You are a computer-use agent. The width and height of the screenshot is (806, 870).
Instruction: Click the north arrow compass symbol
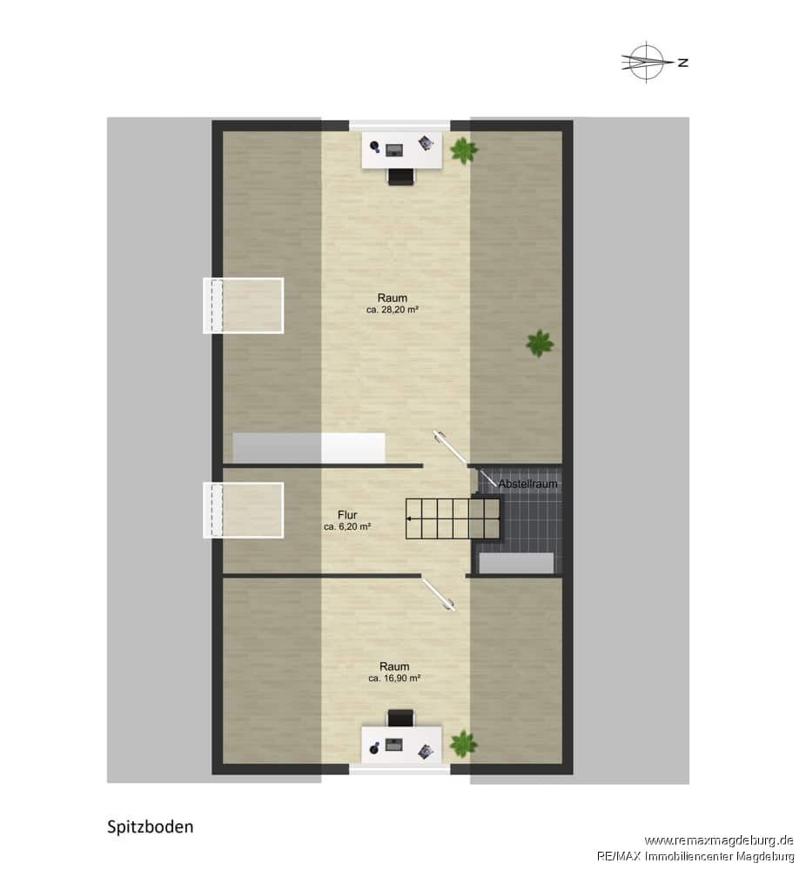pos(646,62)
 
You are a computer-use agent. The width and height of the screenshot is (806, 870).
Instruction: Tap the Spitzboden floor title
pos(151,827)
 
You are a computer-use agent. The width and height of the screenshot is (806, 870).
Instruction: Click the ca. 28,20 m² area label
pos(393,311)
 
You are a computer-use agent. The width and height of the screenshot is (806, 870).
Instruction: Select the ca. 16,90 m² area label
pos(394,678)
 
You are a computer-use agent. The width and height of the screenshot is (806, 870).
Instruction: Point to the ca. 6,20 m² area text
pos(347,526)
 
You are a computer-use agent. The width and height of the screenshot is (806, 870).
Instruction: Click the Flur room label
pos(347,515)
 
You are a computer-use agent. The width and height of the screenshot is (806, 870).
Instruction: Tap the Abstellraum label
pos(527,484)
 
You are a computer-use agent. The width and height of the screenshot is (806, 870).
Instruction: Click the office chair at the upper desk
pos(401,177)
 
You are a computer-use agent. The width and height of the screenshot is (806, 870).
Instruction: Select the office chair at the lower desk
pos(400,718)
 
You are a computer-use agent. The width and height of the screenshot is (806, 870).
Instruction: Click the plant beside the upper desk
pos(464,150)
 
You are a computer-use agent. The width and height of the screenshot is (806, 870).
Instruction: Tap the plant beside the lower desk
pos(463,744)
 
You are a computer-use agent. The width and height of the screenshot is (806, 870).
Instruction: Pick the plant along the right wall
pos(540,344)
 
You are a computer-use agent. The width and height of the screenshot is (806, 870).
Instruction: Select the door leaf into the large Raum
pos(451,447)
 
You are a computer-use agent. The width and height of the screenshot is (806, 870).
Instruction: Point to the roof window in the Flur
pos(244,510)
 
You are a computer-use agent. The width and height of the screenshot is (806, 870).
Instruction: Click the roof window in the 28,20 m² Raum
pos(244,305)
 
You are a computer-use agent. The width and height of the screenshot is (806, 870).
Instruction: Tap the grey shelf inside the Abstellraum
pos(516,563)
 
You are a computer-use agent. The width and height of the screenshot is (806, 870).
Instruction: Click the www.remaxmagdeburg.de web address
pos(719,840)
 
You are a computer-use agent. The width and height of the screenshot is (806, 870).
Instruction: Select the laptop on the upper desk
pos(394,150)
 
